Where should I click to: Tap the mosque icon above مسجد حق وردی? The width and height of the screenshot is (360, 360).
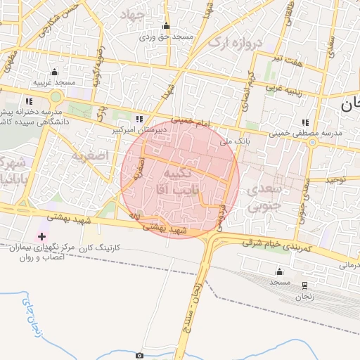tap(166, 26)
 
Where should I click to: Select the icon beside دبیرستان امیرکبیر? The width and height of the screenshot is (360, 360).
tap(139, 119)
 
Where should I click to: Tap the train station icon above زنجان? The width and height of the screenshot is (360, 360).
tap(304, 285)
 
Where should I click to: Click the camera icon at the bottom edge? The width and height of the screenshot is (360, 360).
tap(139, 356)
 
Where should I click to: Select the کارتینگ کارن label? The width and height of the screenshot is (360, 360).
tap(98, 247)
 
